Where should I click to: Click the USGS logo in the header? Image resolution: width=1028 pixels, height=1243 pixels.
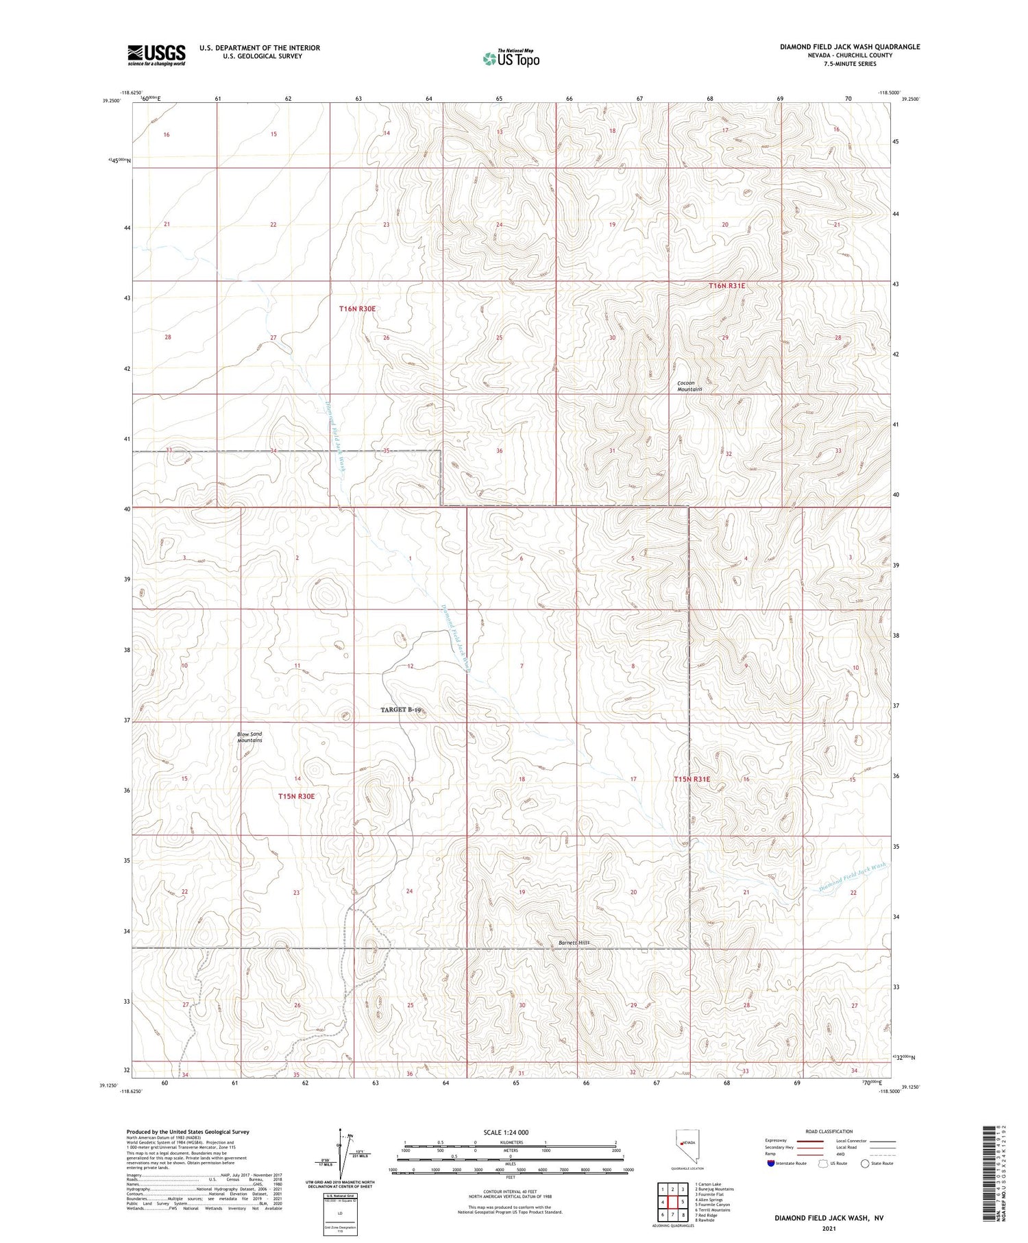(x=156, y=55)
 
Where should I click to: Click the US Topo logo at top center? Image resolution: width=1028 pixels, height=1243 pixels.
(x=511, y=58)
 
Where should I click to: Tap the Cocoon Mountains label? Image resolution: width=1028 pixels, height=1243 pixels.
(x=689, y=386)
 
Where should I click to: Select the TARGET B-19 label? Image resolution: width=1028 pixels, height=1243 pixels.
(x=401, y=710)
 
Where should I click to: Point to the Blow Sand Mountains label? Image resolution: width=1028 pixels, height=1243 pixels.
(x=249, y=737)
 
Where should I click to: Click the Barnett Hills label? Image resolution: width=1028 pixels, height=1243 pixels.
(x=574, y=943)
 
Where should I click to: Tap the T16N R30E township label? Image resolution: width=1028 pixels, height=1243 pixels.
(x=357, y=309)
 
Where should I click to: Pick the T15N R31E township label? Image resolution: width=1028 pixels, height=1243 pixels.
(x=692, y=779)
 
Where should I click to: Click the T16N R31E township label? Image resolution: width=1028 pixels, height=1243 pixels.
(x=726, y=285)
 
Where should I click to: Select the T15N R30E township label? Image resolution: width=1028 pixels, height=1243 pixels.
(x=296, y=796)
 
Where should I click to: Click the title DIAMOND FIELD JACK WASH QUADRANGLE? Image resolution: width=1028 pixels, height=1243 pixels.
(x=849, y=47)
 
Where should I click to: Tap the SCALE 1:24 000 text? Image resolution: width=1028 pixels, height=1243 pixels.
(x=506, y=1132)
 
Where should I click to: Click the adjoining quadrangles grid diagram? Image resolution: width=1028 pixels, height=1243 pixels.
(x=672, y=1201)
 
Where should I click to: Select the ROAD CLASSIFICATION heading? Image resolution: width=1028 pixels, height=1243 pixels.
(x=829, y=1131)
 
